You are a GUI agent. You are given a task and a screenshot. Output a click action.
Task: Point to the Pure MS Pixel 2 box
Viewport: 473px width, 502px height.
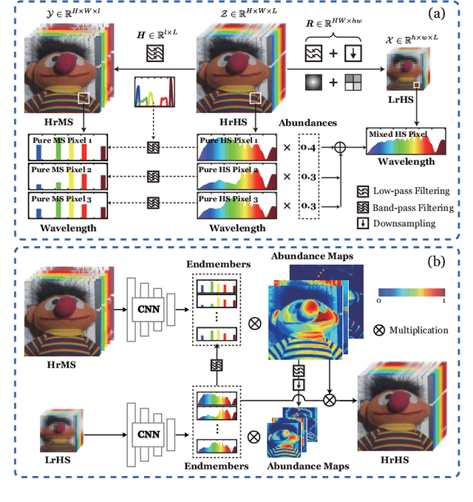point(67,175)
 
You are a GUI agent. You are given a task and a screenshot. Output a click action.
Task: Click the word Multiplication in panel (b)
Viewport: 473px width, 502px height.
point(419,330)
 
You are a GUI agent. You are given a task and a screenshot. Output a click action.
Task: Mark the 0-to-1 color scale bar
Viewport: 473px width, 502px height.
point(411,292)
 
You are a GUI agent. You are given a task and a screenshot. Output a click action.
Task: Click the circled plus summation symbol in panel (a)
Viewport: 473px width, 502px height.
point(341,147)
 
